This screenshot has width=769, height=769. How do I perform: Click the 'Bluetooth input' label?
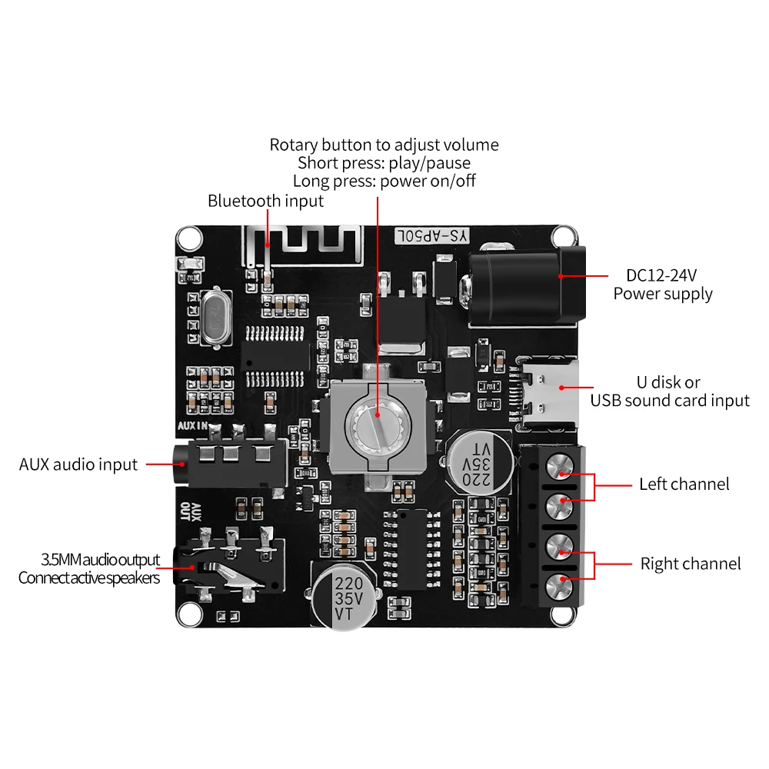tap(265, 201)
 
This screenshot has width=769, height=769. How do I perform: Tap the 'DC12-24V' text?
tap(662, 275)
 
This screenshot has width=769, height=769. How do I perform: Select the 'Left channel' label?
tap(684, 484)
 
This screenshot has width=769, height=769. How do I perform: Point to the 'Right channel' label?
tap(691, 564)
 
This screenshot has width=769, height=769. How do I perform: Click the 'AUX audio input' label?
tap(78, 464)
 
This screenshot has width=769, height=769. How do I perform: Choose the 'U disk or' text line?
tap(669, 382)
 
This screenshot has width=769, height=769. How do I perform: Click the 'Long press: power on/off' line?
tap(384, 181)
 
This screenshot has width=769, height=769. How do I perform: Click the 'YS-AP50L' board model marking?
tap(431, 237)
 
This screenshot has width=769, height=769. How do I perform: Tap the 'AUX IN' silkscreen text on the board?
tap(192, 425)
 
